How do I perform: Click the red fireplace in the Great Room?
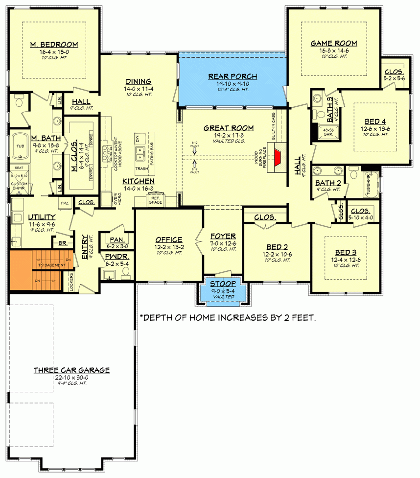coord(278,158)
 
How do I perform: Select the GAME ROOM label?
coord(334,43)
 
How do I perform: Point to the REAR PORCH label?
coord(232,76)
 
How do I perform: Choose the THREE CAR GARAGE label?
coord(71,370)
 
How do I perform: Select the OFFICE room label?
coord(169,239)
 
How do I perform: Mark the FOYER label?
coord(223,236)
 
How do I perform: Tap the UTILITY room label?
coord(41,216)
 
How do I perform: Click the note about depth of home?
coord(228,318)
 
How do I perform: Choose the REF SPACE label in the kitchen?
coord(155,200)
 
